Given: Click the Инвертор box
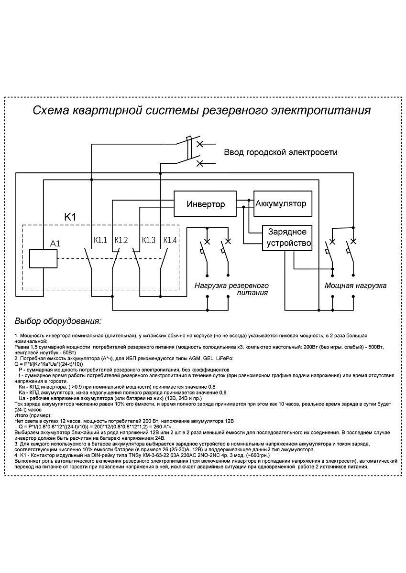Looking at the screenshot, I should pyautogui.click(x=205, y=204).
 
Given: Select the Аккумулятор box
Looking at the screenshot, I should pyautogui.click(x=282, y=204).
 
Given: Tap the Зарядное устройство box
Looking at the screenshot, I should pyautogui.click(x=287, y=237).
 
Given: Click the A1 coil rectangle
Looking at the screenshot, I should pyautogui.click(x=43, y=258).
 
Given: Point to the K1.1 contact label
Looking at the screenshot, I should pyautogui.click(x=99, y=239).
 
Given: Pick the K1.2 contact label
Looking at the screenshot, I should pyautogui.click(x=121, y=239).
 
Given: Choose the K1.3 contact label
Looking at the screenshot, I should pyautogui.click(x=148, y=239).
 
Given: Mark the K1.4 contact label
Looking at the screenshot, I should pyautogui.click(x=170, y=239).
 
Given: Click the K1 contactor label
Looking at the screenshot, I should pyautogui.click(x=71, y=216).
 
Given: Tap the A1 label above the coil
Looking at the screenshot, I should pyautogui.click(x=55, y=244).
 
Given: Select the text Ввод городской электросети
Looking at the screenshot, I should pyautogui.click(x=281, y=152).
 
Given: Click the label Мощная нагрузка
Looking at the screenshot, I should pyautogui.click(x=355, y=285).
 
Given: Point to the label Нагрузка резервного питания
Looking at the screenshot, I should pyautogui.click(x=231, y=289).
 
